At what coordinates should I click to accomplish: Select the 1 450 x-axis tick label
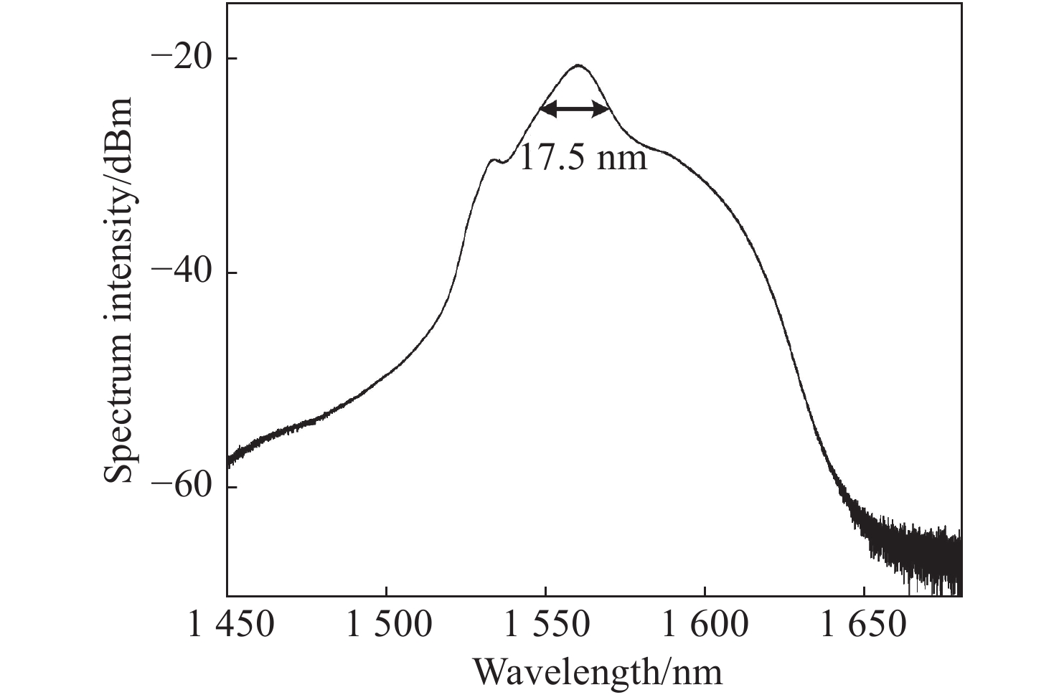pos(230,625)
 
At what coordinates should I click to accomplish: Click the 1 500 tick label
pos(388,625)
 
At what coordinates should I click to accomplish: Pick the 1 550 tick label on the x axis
pos(547,625)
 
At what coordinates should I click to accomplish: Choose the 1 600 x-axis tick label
pos(705,625)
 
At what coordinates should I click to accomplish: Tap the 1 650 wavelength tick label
pos(865,625)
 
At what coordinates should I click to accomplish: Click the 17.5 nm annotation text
pos(582,157)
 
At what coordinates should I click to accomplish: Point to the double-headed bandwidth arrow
pos(575,109)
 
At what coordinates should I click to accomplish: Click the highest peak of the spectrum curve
pos(578,66)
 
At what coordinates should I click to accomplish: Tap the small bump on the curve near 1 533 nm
pos(492,160)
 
